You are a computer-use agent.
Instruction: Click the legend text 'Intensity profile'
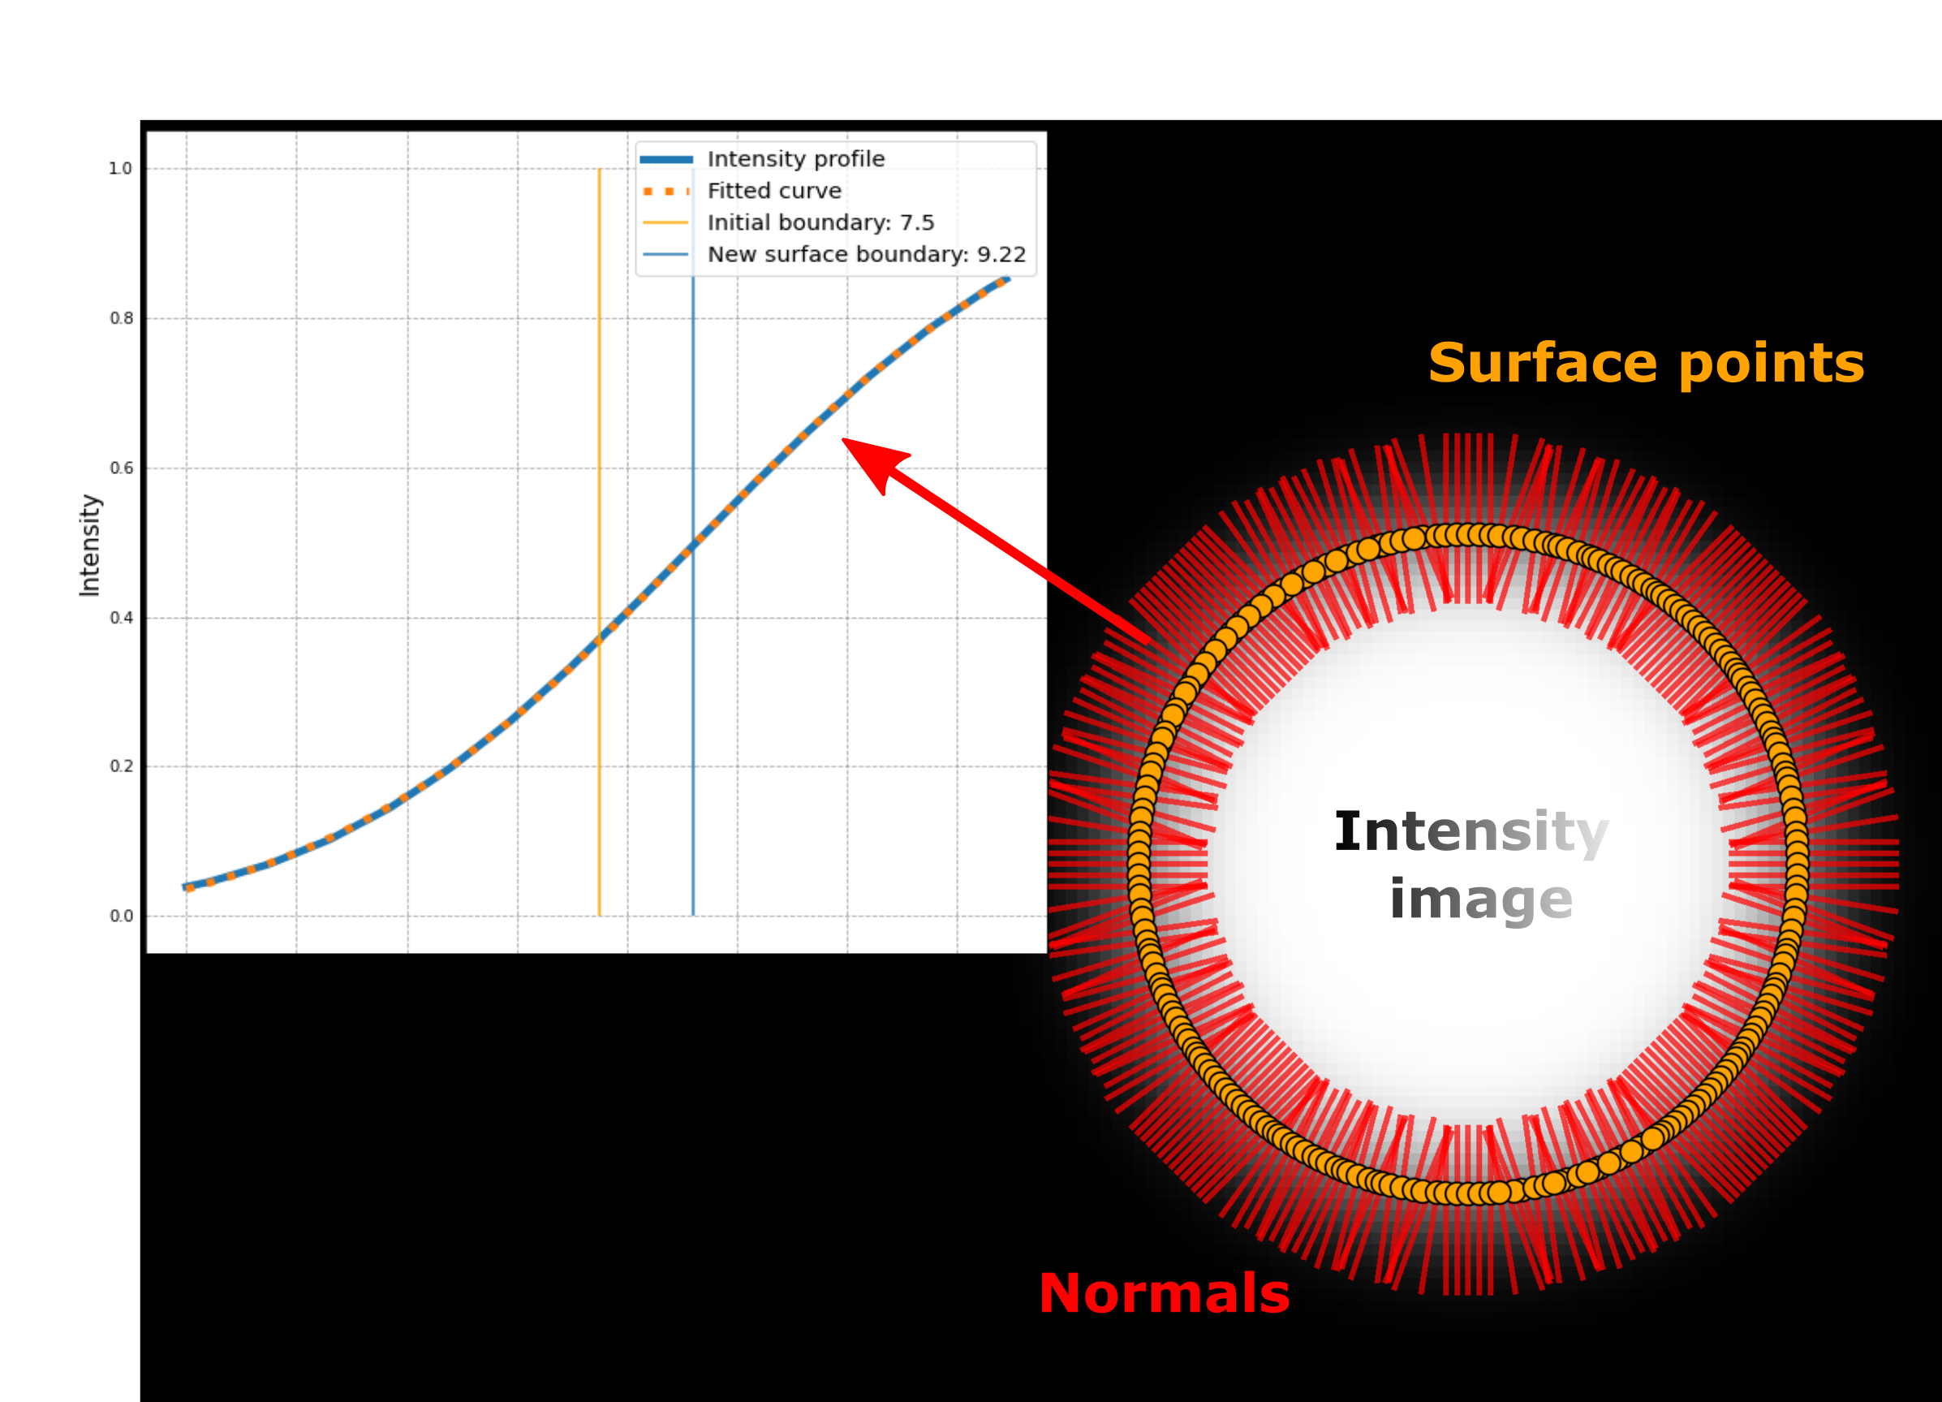[x=795, y=159]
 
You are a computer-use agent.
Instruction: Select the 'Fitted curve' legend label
[x=774, y=191]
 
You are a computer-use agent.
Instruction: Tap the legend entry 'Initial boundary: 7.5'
[x=820, y=222]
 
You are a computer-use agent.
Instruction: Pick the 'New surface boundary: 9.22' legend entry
[x=866, y=254]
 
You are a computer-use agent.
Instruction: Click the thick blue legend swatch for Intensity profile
[x=666, y=159]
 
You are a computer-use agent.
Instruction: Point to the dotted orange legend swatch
[x=666, y=191]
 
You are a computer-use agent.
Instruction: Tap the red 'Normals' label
[x=1164, y=1293]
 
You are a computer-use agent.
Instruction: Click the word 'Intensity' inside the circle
[x=1471, y=831]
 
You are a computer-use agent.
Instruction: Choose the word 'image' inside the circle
[x=1480, y=899]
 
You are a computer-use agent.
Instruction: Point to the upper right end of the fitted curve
[x=1006, y=280]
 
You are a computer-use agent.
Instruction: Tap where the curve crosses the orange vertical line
[x=600, y=638]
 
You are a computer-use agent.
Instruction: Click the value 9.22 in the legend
[x=1001, y=254]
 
